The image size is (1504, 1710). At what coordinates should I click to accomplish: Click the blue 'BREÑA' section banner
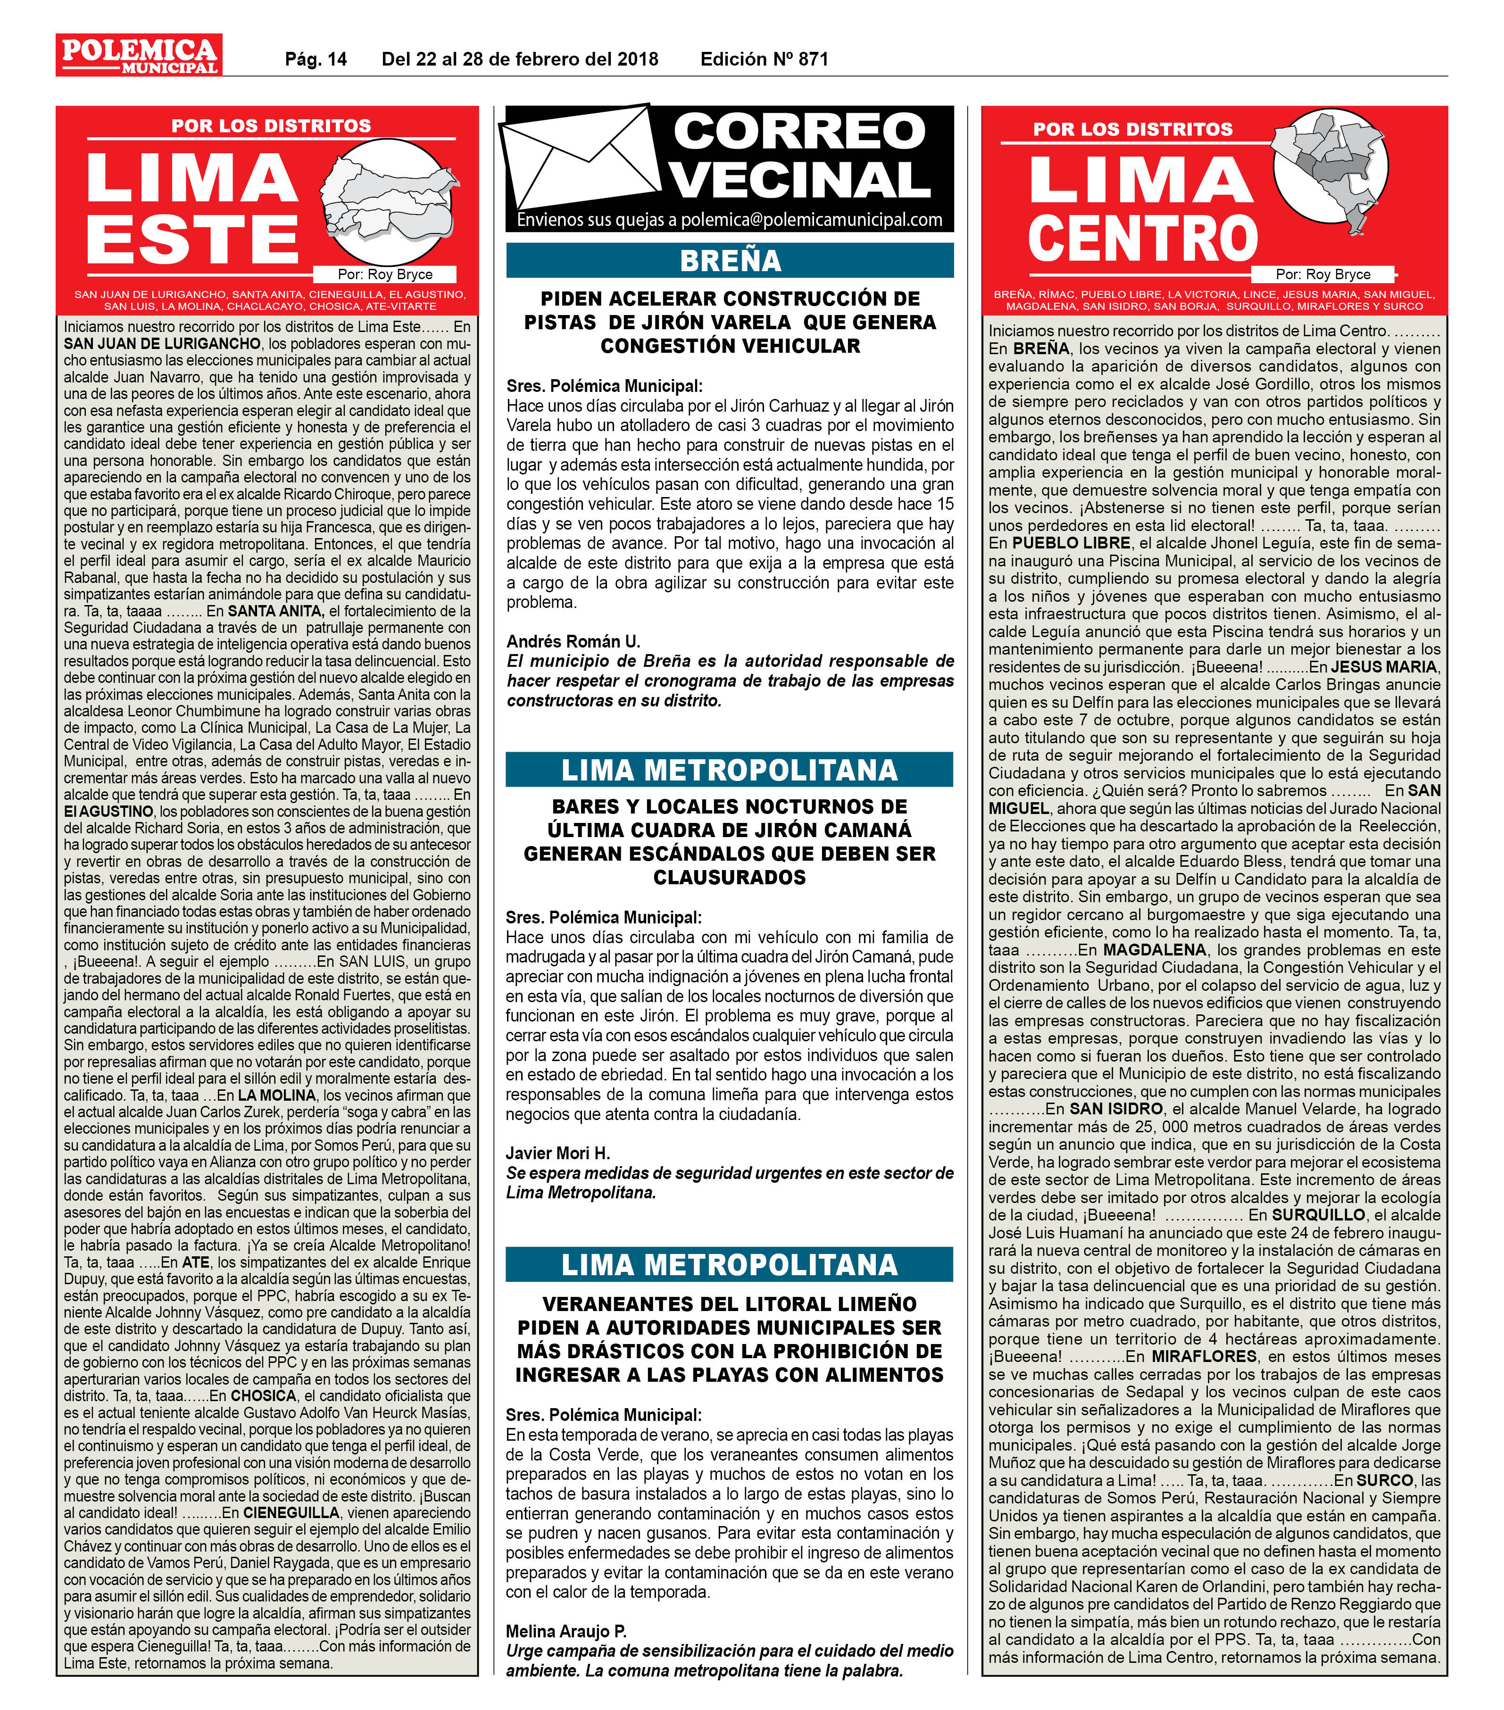[x=730, y=261]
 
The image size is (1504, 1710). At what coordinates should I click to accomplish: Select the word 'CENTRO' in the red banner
[x=1142, y=239]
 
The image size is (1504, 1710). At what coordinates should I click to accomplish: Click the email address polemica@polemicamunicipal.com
[x=811, y=220]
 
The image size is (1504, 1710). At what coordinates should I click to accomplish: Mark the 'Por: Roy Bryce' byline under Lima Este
[x=385, y=274]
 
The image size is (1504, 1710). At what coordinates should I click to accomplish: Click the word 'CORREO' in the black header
[x=799, y=131]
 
